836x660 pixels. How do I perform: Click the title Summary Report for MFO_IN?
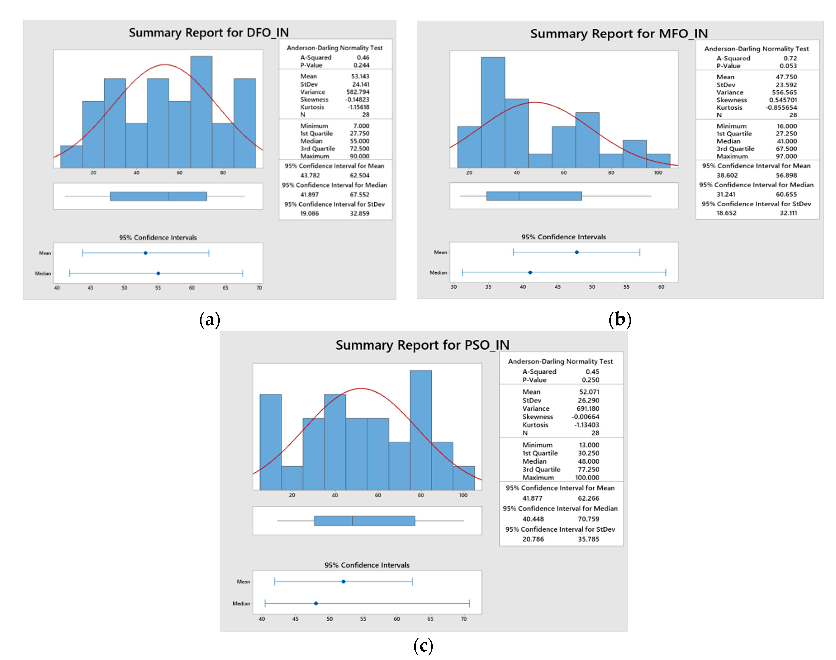point(618,34)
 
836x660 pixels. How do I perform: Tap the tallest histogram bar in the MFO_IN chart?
point(493,112)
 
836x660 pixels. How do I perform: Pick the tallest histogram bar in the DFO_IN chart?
point(201,112)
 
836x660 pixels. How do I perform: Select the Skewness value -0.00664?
point(585,417)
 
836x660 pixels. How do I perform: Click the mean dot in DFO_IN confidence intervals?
point(145,253)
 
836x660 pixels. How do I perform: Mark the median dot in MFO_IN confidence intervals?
point(530,272)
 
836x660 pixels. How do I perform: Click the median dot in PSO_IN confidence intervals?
point(316,603)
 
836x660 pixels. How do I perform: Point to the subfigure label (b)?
point(620,320)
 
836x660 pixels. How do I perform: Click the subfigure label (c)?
point(423,646)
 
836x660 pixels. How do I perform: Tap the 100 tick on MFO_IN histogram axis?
point(658,173)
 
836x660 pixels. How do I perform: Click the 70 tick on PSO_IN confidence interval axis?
point(463,619)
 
